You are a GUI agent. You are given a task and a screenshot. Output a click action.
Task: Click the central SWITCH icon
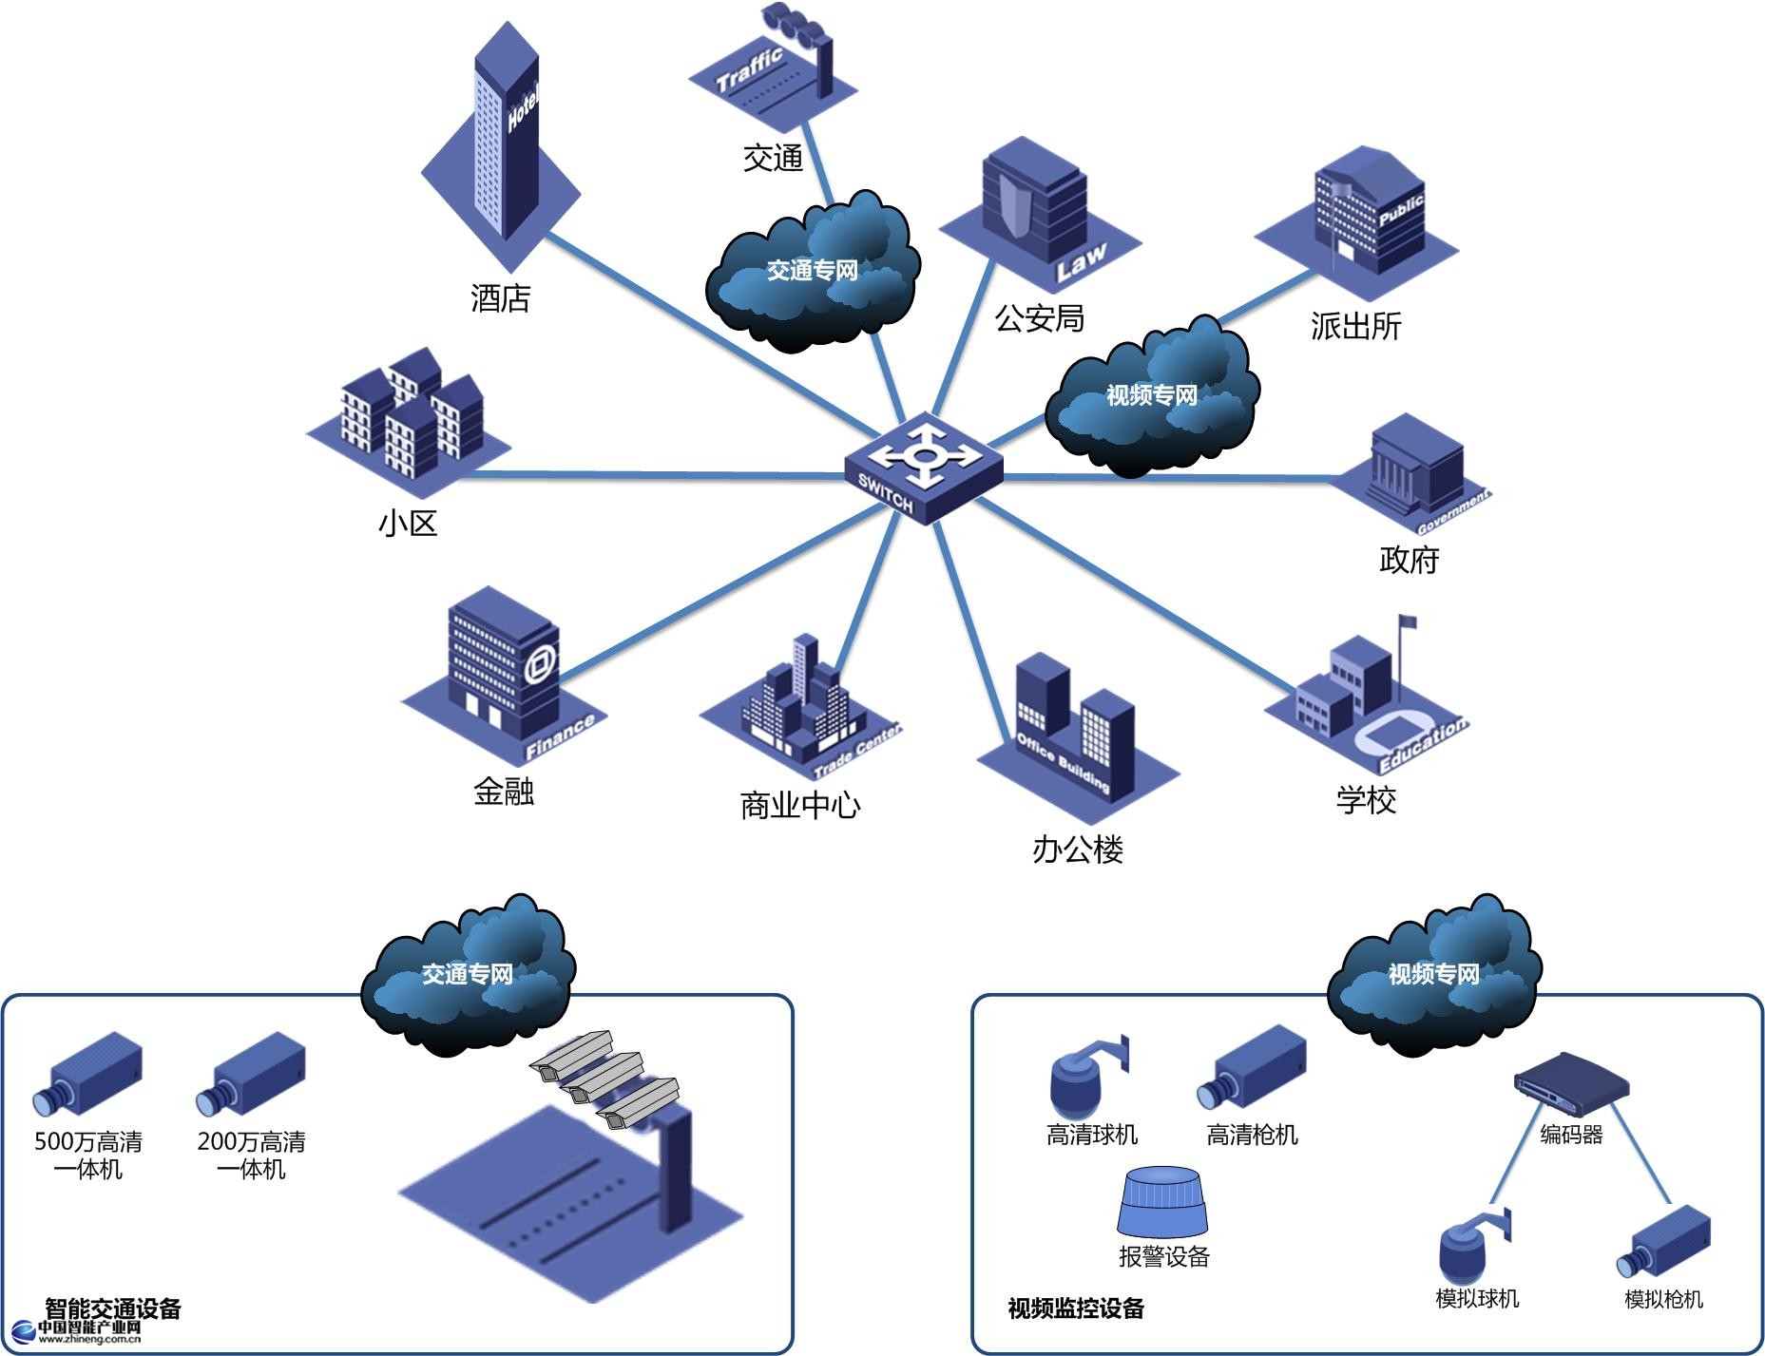923,467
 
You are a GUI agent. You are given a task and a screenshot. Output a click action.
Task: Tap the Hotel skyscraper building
505,143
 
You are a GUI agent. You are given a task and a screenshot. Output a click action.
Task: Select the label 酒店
500,298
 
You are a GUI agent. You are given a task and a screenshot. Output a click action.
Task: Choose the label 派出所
1355,326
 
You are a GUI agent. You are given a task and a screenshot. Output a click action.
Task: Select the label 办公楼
1078,849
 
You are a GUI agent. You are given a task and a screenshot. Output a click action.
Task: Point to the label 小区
408,523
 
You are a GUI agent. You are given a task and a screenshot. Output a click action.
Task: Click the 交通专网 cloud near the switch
813,270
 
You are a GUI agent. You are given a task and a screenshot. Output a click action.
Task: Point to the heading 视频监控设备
1075,1308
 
